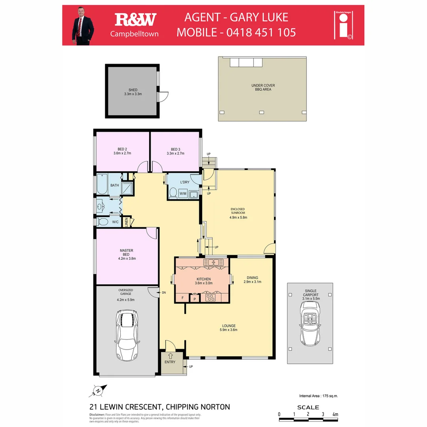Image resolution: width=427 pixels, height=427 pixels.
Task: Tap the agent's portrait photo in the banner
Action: tap(83, 25)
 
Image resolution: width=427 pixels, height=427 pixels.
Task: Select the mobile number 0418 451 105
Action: tap(261, 32)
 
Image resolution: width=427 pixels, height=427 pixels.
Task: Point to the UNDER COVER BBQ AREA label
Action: tap(263, 87)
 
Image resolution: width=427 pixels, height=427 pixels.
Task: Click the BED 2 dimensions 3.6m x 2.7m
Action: tap(122, 153)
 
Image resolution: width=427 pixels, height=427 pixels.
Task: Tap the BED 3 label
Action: tap(176, 149)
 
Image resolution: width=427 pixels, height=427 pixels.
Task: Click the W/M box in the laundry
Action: tap(183, 194)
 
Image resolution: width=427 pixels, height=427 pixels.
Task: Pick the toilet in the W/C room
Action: tap(102, 222)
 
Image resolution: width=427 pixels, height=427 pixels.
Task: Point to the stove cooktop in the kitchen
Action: tap(210, 298)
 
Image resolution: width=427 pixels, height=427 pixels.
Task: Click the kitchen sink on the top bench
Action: tap(213, 262)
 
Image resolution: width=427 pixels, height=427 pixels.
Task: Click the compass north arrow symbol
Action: tap(98, 391)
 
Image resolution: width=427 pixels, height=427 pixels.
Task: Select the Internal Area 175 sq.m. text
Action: tap(319, 395)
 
